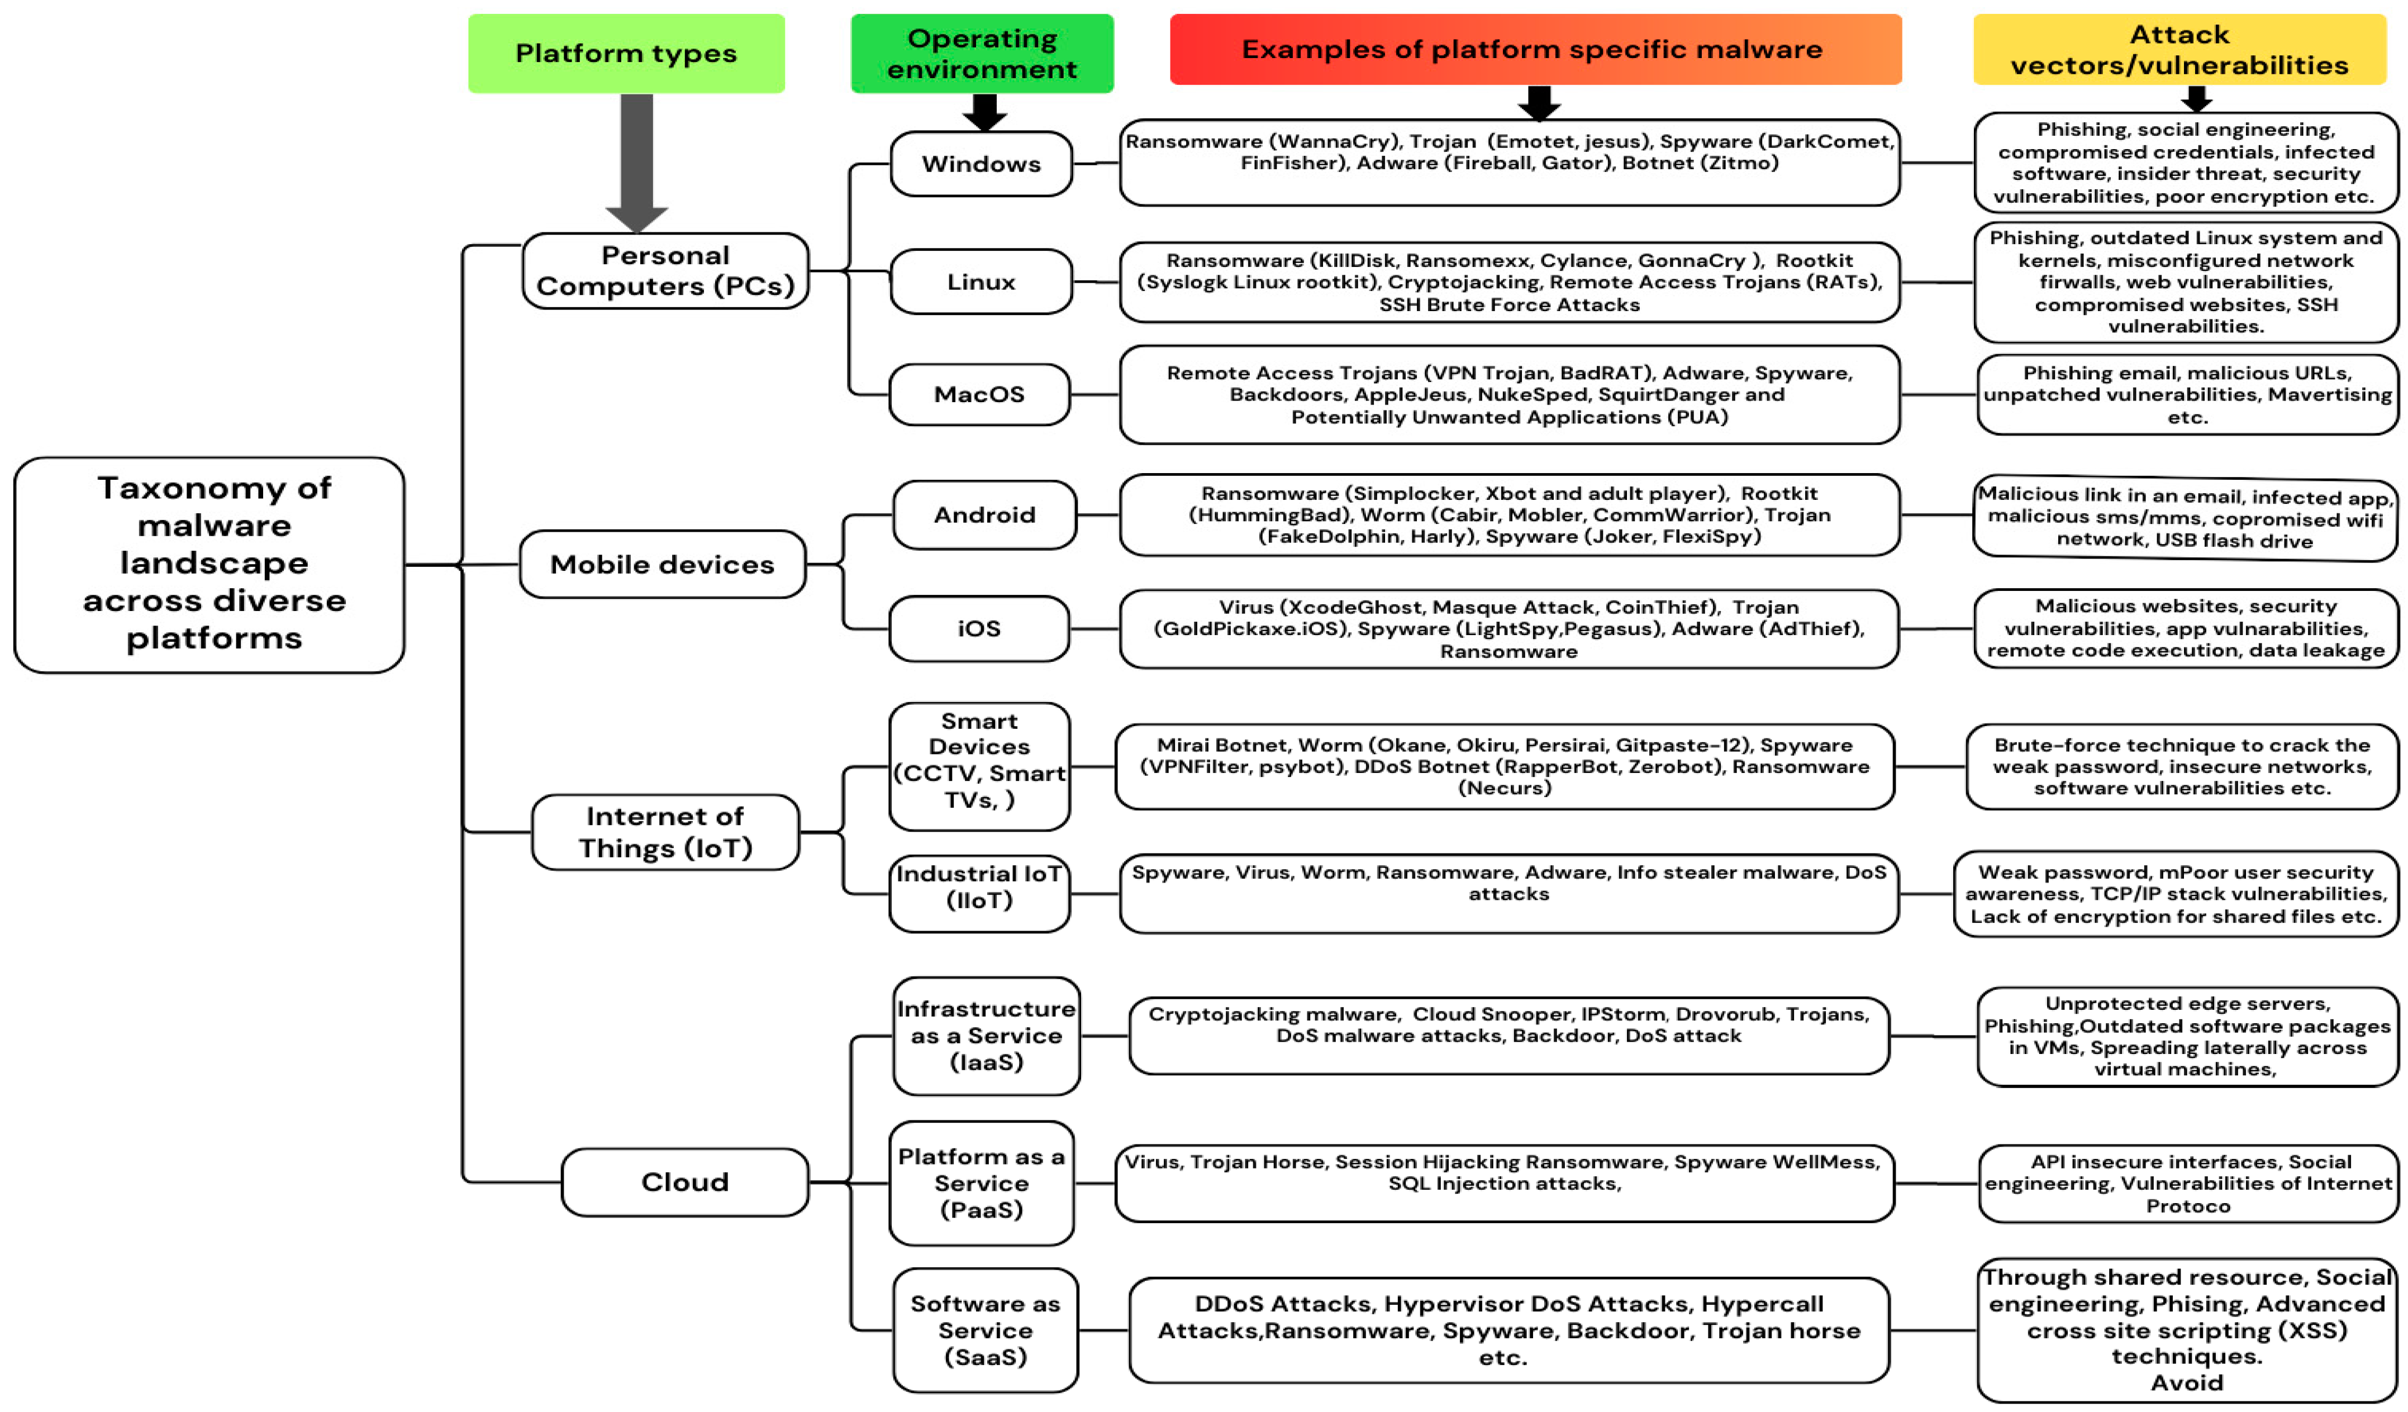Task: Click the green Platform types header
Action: point(626,54)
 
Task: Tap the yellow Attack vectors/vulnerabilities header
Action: point(2179,50)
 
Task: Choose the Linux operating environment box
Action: point(981,282)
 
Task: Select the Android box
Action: point(984,515)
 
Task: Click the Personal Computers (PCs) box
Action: point(665,270)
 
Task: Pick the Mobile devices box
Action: point(662,565)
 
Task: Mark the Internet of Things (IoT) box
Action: point(665,832)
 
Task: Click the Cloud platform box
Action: point(684,1182)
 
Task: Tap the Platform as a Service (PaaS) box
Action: point(981,1182)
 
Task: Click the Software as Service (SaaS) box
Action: point(985,1330)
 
